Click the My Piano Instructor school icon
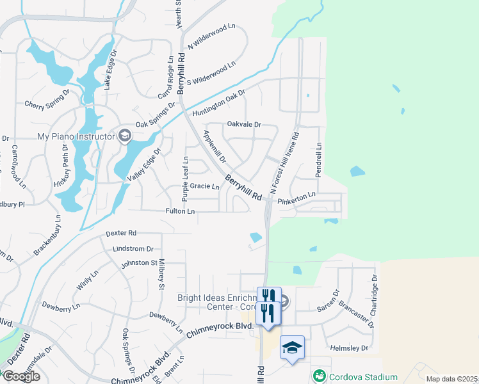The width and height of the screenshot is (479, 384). (x=124, y=136)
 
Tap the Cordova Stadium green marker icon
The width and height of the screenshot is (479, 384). (x=318, y=374)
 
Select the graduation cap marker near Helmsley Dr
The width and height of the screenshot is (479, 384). (x=292, y=348)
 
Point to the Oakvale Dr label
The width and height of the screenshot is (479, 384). (x=245, y=125)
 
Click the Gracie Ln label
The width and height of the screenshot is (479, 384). (x=205, y=188)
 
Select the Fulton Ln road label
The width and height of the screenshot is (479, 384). (x=180, y=211)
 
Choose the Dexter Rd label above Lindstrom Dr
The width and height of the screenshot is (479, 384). (x=122, y=233)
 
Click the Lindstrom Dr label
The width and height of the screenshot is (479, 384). (x=133, y=248)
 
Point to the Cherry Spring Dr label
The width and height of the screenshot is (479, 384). (x=46, y=103)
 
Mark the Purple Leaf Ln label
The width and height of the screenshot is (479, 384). (x=185, y=179)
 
